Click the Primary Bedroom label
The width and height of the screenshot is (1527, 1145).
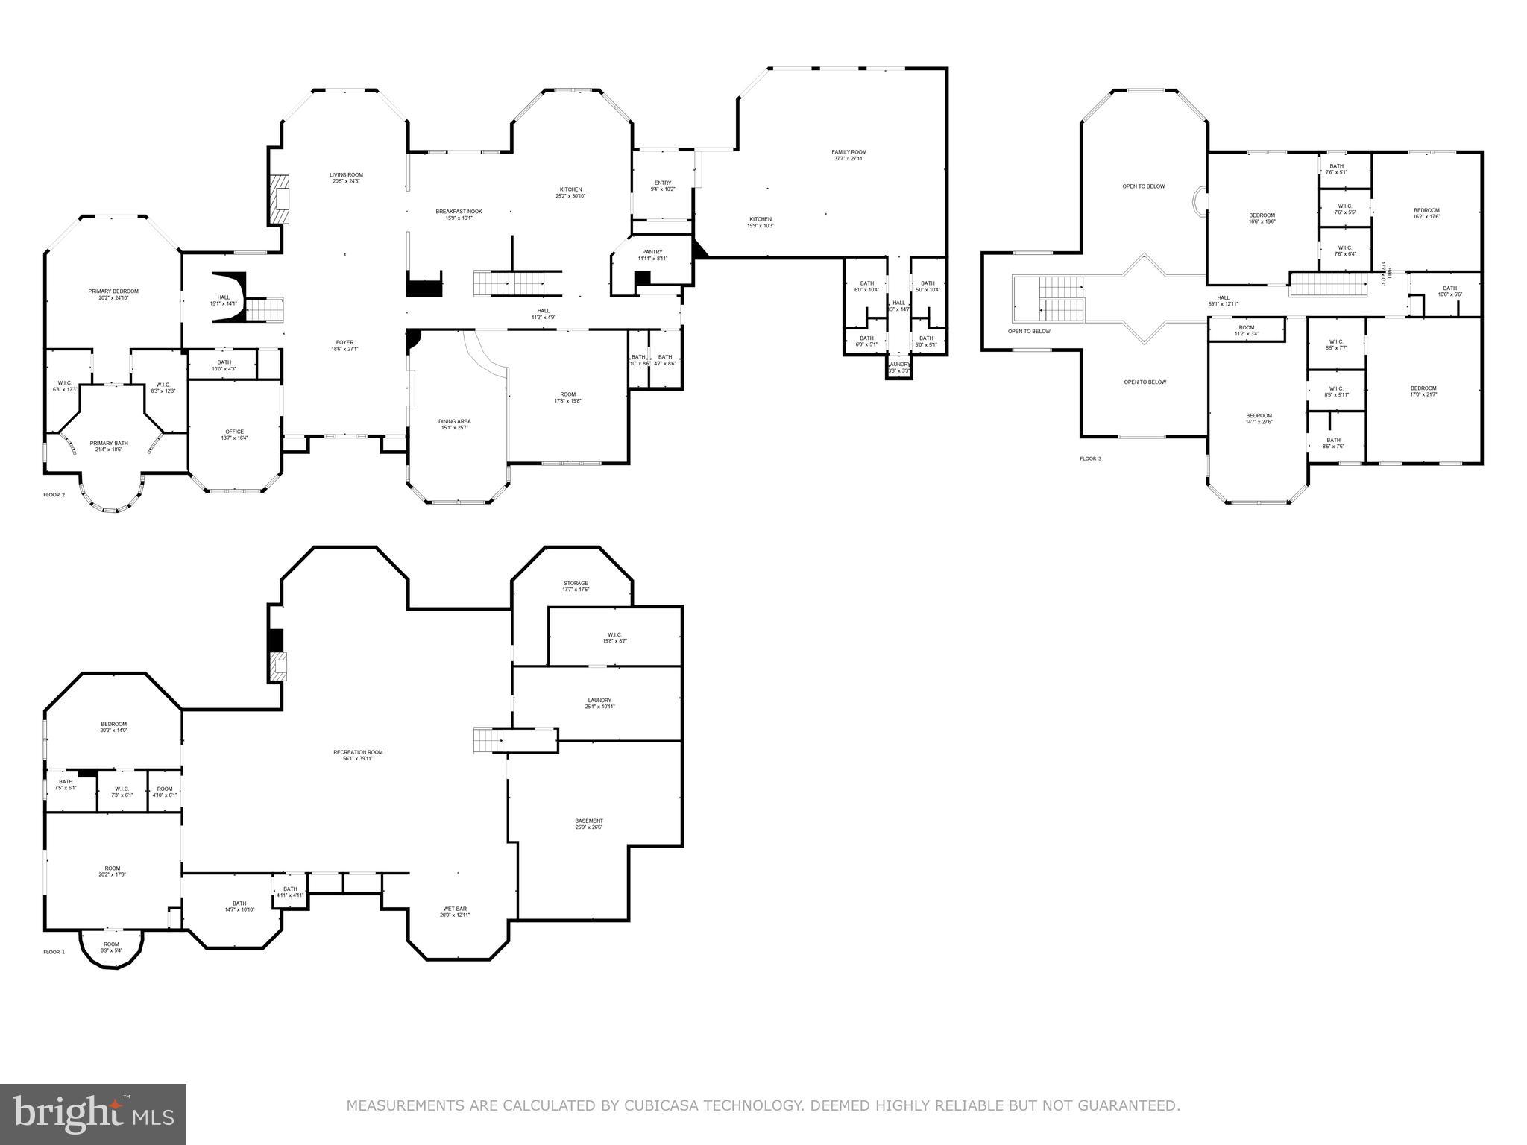[x=113, y=291]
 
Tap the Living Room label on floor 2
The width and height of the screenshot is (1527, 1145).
[x=346, y=175]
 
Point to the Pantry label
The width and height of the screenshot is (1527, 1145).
[x=652, y=252]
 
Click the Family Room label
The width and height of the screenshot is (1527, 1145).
[x=848, y=152]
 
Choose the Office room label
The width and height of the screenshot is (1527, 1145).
[x=234, y=432]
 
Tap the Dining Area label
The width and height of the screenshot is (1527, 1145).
[x=454, y=421]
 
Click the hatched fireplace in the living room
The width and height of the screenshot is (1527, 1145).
[x=280, y=199]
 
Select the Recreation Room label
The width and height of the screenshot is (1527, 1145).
[x=358, y=752]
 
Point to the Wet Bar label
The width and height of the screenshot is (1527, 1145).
[x=456, y=909]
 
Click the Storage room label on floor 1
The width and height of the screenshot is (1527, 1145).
[x=576, y=583]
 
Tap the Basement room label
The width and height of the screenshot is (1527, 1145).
[x=588, y=821]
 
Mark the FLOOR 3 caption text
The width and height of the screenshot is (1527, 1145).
[x=1090, y=458]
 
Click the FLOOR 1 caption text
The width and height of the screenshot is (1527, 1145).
[x=54, y=952]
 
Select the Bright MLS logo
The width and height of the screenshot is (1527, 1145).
[x=93, y=1114]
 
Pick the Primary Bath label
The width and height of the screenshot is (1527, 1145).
[x=109, y=443]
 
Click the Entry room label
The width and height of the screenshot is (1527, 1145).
[x=663, y=183]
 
